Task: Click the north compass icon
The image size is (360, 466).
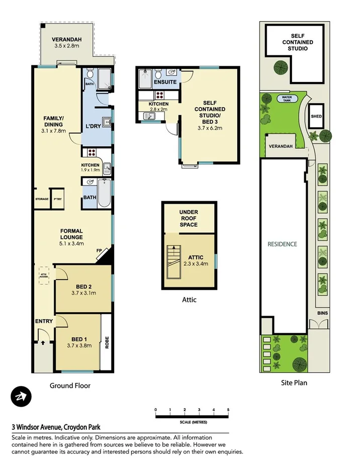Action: (21, 397)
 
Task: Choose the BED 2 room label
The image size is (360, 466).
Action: (83, 289)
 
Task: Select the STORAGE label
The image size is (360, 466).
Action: (42, 199)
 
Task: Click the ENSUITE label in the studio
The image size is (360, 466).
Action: (165, 82)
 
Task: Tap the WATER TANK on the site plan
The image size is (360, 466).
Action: (287, 98)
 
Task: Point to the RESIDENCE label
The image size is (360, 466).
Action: (282, 244)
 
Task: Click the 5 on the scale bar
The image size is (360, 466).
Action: (228, 410)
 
